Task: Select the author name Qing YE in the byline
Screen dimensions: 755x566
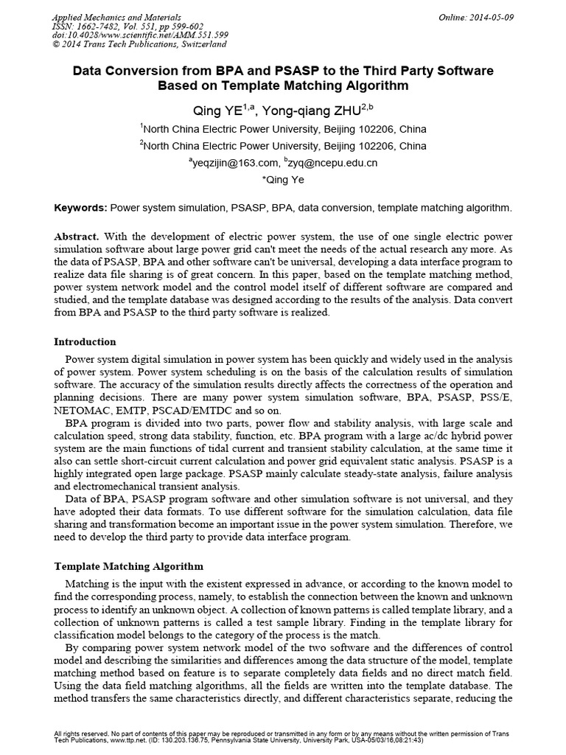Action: (x=231, y=109)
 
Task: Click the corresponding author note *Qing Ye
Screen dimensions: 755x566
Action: (x=283, y=179)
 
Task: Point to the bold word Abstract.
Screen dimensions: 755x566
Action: (x=77, y=237)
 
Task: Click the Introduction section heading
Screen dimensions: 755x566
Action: (x=85, y=342)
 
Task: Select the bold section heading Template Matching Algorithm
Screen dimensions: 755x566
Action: (x=130, y=566)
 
